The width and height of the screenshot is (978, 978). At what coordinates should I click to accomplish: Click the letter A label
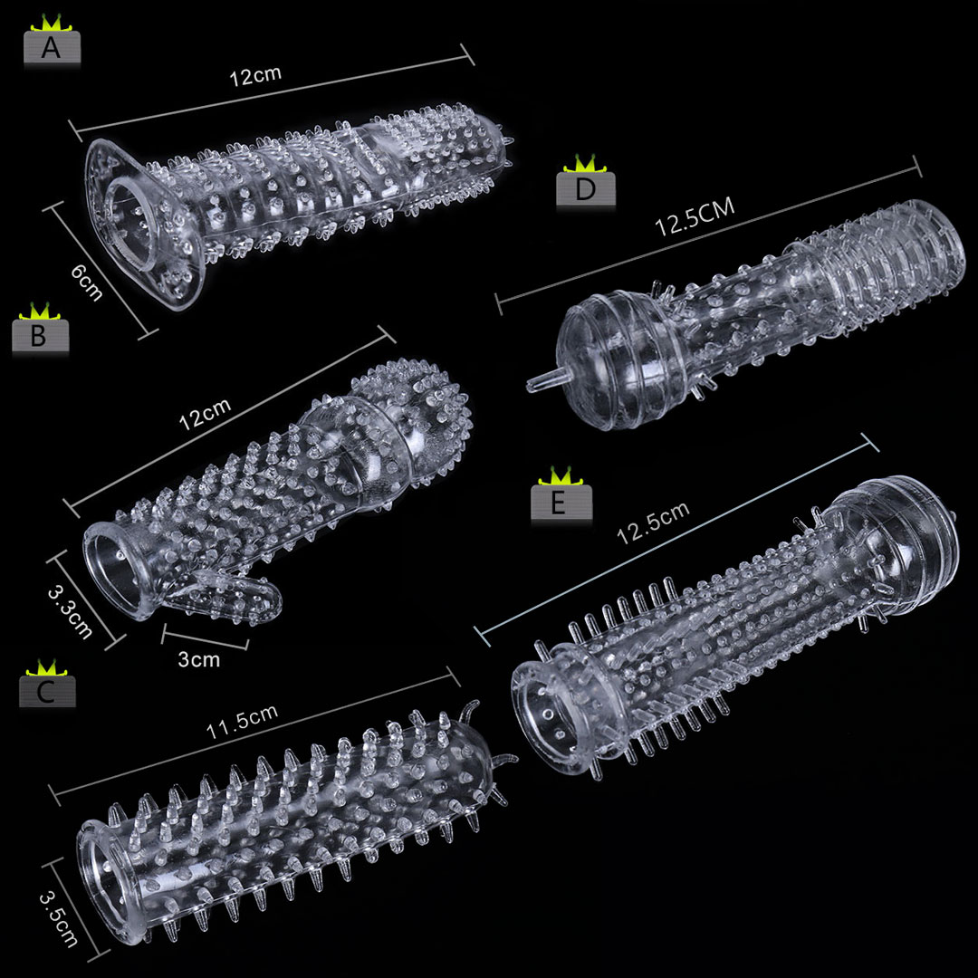(x=52, y=47)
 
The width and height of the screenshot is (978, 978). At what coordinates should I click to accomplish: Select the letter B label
(x=39, y=336)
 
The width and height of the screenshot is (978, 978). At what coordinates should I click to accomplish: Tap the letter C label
(x=47, y=691)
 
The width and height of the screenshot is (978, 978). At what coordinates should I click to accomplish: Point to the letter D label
(x=586, y=189)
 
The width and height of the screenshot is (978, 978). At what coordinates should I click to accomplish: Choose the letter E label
(x=561, y=502)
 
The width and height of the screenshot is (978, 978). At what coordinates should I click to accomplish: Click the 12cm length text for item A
(x=255, y=75)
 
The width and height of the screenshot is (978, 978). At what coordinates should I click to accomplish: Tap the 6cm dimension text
(x=86, y=282)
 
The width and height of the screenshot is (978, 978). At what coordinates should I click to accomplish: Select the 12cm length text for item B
(x=206, y=414)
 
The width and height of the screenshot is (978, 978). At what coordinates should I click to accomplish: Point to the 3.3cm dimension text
(x=70, y=612)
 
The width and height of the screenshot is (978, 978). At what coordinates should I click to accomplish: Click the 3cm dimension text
(x=199, y=659)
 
